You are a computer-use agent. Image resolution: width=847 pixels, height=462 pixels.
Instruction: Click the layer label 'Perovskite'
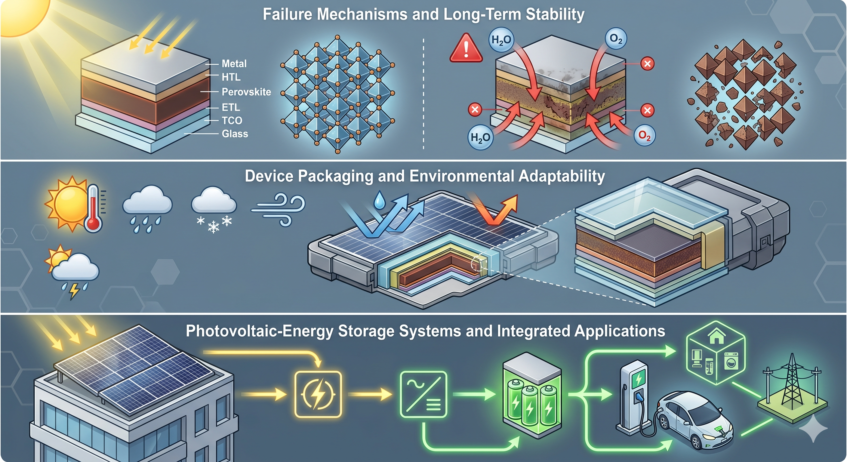246,92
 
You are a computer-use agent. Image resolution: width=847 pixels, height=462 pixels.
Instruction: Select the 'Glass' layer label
235,134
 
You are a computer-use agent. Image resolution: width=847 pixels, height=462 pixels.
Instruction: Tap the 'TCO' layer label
232,120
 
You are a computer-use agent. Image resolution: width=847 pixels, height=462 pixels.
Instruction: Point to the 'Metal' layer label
234,63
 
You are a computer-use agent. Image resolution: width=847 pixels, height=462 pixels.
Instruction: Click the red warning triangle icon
466,48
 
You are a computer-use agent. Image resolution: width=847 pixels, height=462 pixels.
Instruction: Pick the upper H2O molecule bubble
501,40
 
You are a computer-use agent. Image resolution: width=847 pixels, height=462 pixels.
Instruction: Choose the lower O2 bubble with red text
645,135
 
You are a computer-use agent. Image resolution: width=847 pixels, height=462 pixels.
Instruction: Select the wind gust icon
278,209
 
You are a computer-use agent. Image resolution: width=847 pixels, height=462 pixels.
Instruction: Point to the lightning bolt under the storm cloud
74,291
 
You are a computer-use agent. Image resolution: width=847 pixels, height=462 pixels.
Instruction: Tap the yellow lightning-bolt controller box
318,394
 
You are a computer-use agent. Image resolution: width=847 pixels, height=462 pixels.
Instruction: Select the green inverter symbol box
423,394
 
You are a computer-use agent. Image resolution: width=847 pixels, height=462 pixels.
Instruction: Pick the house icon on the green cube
717,337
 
